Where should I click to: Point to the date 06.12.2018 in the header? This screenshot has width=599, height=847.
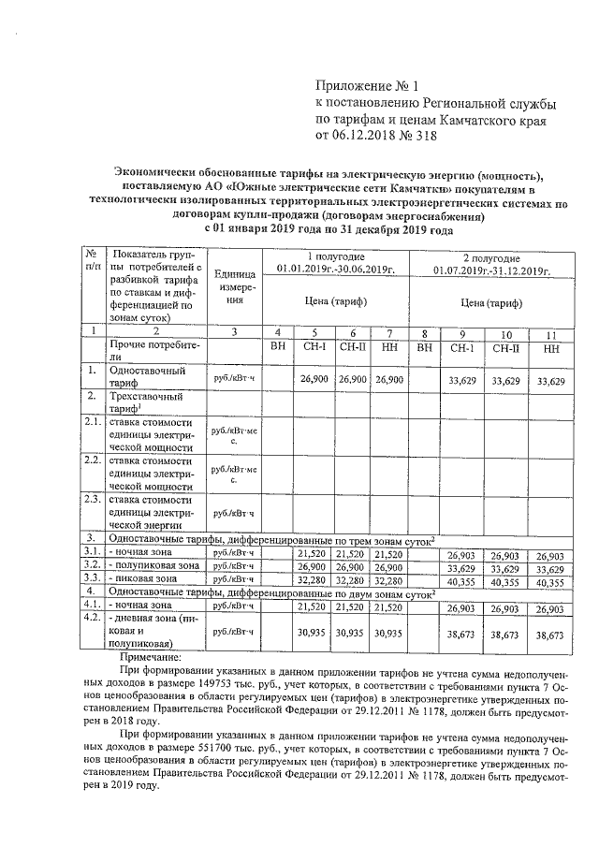pyautogui.click(x=366, y=136)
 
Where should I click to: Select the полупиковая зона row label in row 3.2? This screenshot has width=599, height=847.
pyautogui.click(x=153, y=566)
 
